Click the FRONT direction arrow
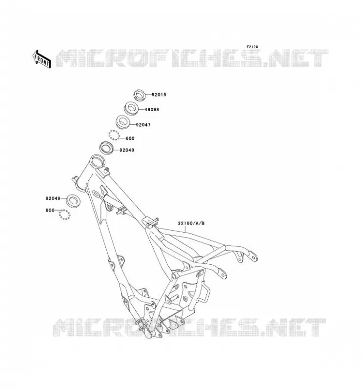42,59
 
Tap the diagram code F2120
252,47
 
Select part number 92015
159,95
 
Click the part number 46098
152,109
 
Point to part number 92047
143,125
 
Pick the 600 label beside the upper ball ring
130,138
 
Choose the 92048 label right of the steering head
127,150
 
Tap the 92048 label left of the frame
53,198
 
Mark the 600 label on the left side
50,210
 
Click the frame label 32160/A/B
191,223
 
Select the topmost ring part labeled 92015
140,95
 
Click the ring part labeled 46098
131,108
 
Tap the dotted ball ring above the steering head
114,135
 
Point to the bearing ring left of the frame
73,200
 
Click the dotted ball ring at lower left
64,214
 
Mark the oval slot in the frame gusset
96,194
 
